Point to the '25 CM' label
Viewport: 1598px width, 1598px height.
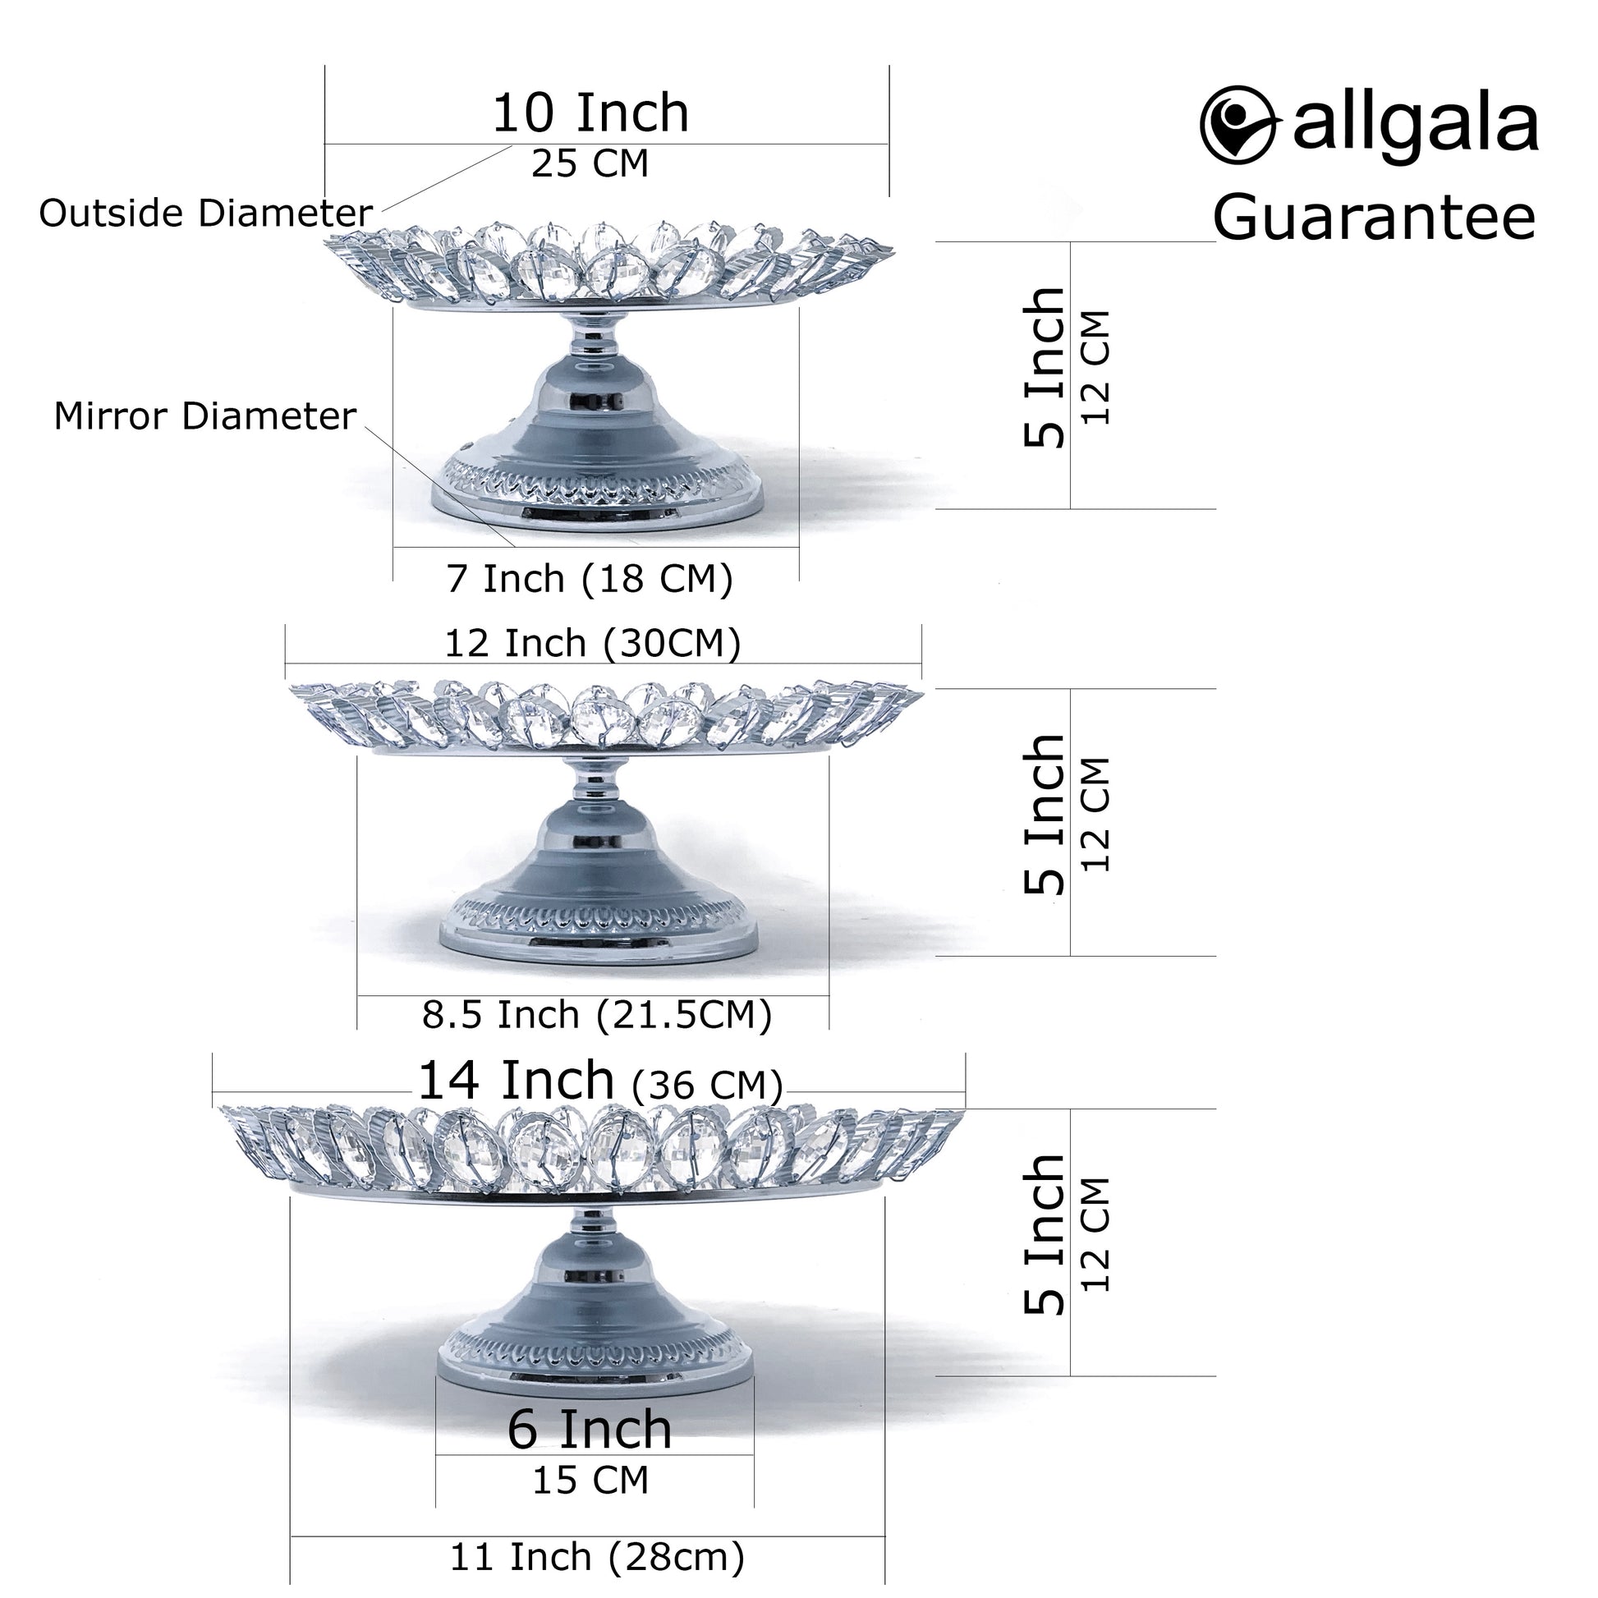click(x=590, y=163)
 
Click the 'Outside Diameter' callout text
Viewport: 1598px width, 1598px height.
click(x=206, y=214)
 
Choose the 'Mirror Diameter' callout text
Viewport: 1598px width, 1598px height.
click(x=205, y=416)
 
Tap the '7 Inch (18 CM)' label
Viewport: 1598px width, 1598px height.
click(x=590, y=579)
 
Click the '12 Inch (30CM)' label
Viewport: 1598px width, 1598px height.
click(x=592, y=644)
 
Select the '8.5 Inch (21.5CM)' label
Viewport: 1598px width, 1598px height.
click(x=596, y=1015)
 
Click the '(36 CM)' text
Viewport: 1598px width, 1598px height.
click(x=706, y=1086)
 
